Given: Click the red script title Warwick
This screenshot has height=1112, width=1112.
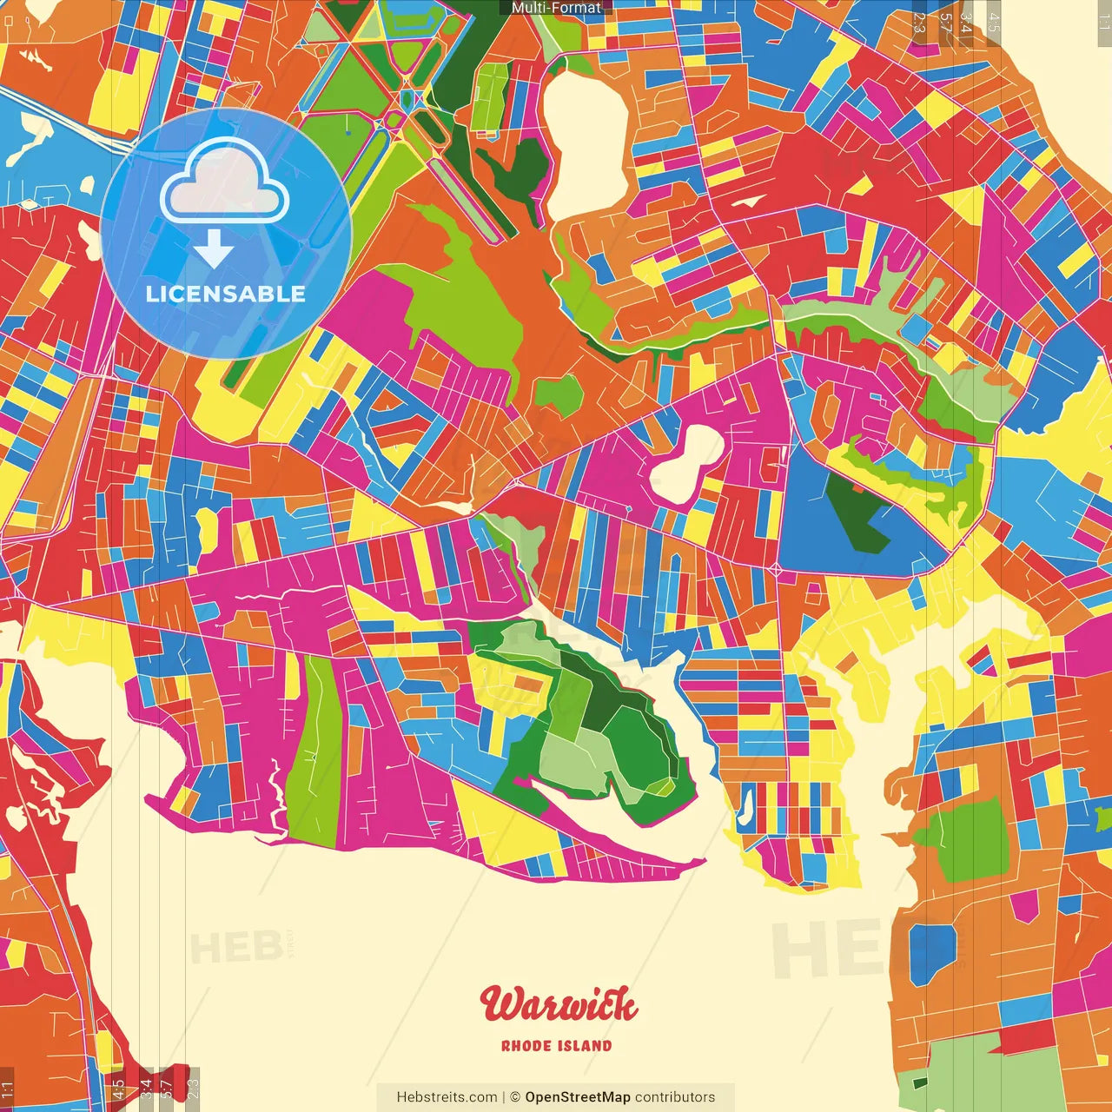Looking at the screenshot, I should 559,1005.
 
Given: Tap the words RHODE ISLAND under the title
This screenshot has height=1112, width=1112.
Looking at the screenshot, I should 556,1046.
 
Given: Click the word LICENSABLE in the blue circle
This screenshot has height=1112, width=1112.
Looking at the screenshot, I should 226,294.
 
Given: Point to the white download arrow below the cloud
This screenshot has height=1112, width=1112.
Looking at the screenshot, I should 214,249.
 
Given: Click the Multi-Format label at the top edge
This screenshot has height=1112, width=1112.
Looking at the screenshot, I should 556,8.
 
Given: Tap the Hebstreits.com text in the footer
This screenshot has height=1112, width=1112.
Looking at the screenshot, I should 447,1097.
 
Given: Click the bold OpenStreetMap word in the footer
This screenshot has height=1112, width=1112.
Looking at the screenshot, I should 577,1097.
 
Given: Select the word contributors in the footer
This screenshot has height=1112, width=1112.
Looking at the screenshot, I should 675,1097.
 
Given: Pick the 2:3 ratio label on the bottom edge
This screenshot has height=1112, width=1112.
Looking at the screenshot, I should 193,1088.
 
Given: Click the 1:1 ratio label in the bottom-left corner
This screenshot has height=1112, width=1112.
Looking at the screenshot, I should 7,1089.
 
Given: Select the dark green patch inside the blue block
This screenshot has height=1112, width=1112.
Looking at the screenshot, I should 856,513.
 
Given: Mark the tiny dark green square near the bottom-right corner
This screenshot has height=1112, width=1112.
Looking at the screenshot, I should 920,1082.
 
